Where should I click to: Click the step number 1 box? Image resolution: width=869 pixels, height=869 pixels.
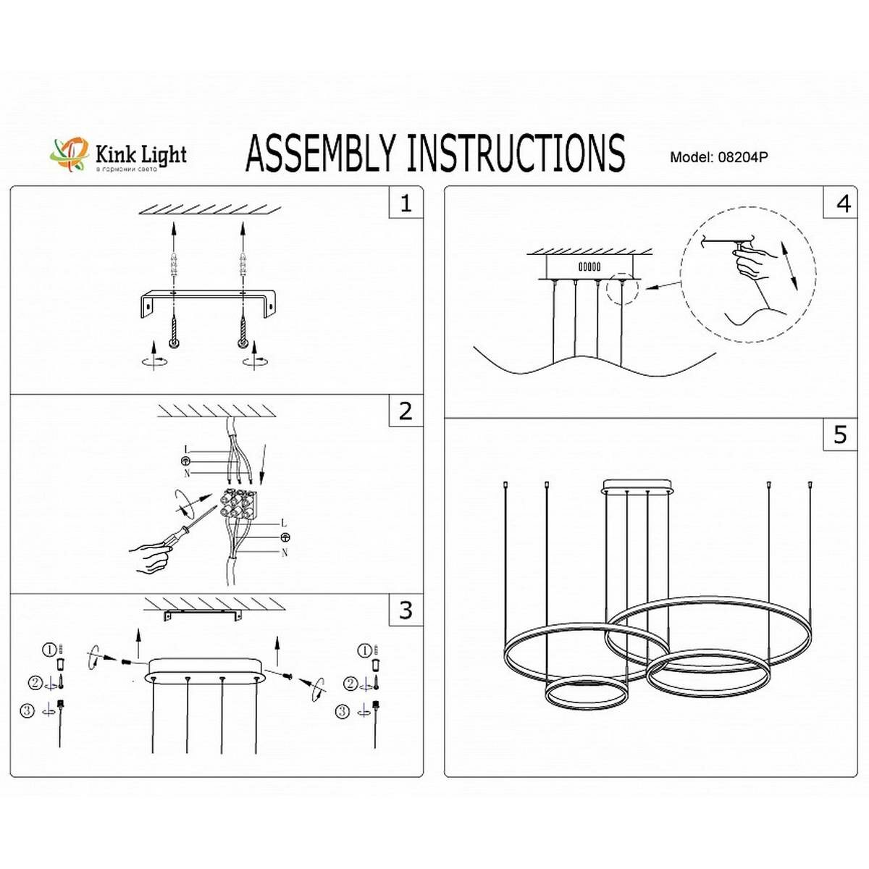pos(406,203)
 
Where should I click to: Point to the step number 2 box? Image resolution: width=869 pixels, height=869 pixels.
pos(406,411)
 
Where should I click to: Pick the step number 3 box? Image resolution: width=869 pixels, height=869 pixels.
pos(406,610)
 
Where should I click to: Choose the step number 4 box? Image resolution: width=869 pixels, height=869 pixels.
pos(843,203)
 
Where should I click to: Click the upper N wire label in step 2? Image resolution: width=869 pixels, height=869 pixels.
pos(187,473)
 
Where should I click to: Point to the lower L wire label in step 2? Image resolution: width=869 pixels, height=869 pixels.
pos(284,523)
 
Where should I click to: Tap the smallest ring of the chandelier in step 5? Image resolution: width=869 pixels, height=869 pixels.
pos(587,694)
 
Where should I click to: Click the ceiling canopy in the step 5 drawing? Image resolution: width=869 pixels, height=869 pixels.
pos(638,486)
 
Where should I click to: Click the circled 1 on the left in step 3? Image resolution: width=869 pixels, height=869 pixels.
pos(49,650)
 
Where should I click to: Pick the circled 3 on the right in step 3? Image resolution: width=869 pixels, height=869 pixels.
pos(343,712)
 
